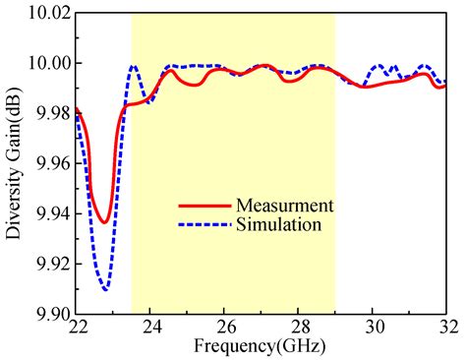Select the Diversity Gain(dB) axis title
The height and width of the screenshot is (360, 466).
click(13, 162)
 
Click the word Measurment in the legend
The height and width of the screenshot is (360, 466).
click(285, 206)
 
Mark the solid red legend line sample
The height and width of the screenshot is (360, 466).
click(204, 207)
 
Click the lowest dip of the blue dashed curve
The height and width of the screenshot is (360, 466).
click(105, 289)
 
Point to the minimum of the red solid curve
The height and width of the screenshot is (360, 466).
click(103, 222)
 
